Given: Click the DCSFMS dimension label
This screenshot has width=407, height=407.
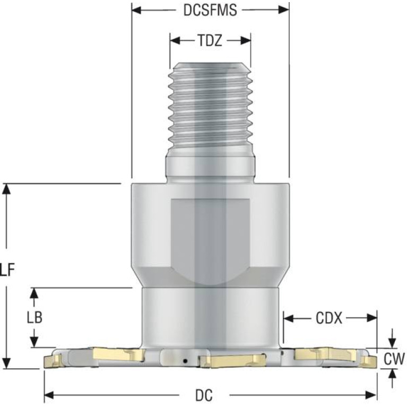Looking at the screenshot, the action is coord(210,11).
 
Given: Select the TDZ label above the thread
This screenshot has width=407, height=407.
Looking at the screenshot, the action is coord(210,41).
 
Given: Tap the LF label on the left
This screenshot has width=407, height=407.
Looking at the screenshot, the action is coord(7,270).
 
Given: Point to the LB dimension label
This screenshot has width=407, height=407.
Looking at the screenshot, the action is coord(34,317).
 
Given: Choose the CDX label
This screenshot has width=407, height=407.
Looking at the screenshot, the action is coord(329,318).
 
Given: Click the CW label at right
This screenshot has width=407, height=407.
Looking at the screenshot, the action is coord(394,359).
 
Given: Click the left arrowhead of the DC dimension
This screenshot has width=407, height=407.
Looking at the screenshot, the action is coord(49,395).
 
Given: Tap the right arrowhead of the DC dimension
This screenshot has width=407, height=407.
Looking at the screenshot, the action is coord(371,395).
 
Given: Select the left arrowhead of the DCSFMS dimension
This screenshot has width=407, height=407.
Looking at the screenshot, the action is coord(136,11).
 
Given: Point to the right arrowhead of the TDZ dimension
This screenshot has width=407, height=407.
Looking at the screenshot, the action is coord(246,41).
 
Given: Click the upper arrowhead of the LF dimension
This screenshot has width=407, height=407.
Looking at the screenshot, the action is coord(7,189).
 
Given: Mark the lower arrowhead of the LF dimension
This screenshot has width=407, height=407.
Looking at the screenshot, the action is coord(7,363).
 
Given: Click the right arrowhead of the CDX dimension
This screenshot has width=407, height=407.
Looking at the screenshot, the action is coord(372,318).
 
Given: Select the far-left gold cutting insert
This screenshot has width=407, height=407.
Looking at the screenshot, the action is coord(53,361).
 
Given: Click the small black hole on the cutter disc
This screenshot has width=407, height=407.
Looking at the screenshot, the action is coord(185,361).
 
